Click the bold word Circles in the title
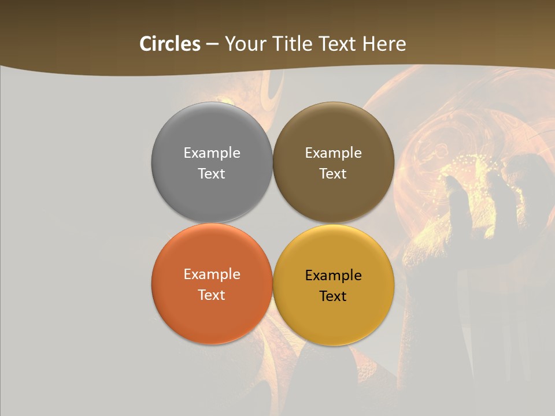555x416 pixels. pyautogui.click(x=170, y=44)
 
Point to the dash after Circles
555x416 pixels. pyautogui.click(x=212, y=44)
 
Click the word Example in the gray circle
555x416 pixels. pyautogui.click(x=212, y=153)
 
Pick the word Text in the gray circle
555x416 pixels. pyautogui.click(x=212, y=174)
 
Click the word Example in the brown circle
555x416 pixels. pyautogui.click(x=333, y=153)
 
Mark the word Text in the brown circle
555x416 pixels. pyautogui.click(x=333, y=174)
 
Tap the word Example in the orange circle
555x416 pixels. pyautogui.click(x=212, y=274)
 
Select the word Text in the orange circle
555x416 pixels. pyautogui.click(x=212, y=295)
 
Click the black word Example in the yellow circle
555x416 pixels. pyautogui.click(x=333, y=276)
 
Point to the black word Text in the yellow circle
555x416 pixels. pyautogui.click(x=333, y=296)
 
